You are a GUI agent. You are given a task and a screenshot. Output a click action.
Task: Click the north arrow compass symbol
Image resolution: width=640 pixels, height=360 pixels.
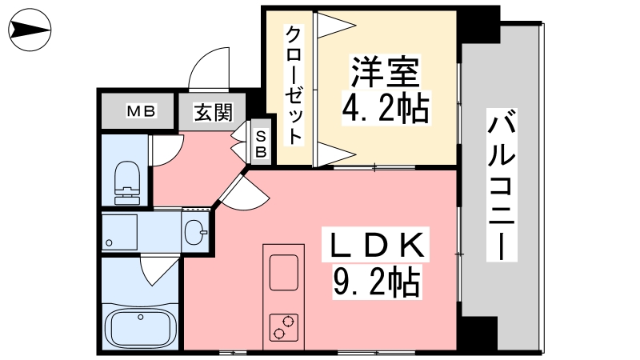point(31,32)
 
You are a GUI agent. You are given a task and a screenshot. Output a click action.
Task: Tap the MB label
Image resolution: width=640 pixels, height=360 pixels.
point(140,110)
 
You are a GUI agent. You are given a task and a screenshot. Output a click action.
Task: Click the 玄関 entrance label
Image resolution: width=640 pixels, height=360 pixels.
point(213,111)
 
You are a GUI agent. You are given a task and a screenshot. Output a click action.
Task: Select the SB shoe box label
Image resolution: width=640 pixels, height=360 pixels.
point(261,142)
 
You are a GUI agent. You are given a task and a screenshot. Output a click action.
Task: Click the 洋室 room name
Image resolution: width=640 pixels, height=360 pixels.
point(385,74)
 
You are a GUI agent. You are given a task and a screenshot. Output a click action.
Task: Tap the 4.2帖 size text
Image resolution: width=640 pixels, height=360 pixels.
point(385,108)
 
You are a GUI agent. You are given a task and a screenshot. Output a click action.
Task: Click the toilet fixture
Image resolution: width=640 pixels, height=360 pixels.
point(127,182)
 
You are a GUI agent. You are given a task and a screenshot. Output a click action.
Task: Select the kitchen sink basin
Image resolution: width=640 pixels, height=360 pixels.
point(284,273)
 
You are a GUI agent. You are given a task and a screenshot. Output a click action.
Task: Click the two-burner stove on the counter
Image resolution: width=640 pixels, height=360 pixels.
point(283,328)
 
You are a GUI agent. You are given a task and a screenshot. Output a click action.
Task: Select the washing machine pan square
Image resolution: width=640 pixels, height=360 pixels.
point(121,232)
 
